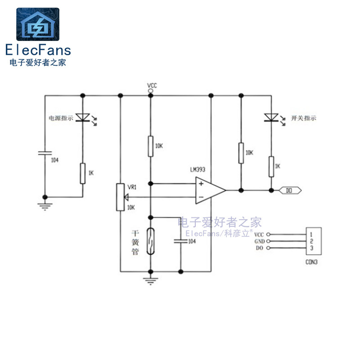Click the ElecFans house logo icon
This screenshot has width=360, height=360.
(x=38, y=24)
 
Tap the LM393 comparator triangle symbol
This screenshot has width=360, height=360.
(x=209, y=190)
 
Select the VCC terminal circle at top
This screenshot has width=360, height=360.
(x=150, y=91)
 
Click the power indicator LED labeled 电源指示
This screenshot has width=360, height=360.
(x=82, y=117)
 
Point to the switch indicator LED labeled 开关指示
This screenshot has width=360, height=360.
(x=271, y=117)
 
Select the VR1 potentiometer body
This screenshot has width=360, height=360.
(x=120, y=197)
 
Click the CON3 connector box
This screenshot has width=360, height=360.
(x=313, y=241)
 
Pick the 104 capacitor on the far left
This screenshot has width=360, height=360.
(x=45, y=153)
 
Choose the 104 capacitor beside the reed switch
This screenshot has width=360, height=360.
(x=180, y=241)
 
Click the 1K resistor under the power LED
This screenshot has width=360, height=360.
(x=82, y=174)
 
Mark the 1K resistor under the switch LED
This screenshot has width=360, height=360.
(x=271, y=166)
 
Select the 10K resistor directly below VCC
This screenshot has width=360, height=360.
(x=150, y=146)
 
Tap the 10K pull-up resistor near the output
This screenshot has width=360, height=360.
(x=241, y=153)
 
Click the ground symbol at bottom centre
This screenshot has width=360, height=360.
(x=150, y=281)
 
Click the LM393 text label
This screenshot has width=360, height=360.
(x=198, y=170)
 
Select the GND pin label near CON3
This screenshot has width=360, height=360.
(x=259, y=241)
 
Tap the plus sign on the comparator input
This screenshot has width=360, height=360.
(x=201, y=183)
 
